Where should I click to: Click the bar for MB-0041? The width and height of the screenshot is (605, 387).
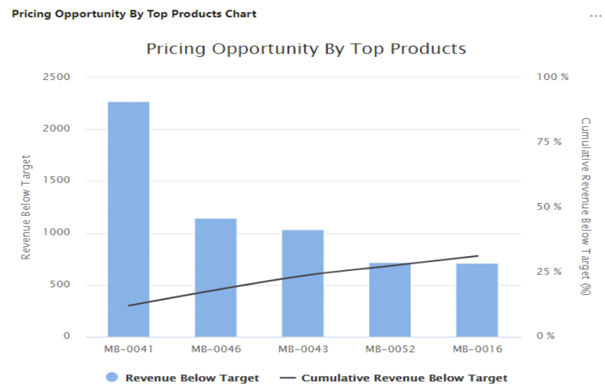click(x=128, y=219)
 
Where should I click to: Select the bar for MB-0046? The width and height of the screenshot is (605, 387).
click(x=215, y=277)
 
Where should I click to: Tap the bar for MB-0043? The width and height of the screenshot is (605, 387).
click(x=302, y=283)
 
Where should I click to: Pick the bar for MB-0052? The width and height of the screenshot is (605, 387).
click(x=390, y=300)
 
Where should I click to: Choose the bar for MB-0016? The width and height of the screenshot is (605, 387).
click(x=477, y=300)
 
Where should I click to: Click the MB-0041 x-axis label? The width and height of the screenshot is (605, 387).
click(x=128, y=349)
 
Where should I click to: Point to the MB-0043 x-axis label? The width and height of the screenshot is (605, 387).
click(x=302, y=349)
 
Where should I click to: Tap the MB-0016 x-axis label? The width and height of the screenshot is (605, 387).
click(x=477, y=349)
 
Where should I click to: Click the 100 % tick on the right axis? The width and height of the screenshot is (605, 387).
click(x=553, y=77)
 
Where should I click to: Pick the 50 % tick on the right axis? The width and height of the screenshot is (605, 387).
click(x=549, y=206)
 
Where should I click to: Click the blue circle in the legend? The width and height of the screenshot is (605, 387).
click(x=112, y=378)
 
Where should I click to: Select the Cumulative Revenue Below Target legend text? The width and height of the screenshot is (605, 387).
click(x=404, y=378)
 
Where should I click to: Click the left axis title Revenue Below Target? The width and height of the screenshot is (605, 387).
click(x=26, y=207)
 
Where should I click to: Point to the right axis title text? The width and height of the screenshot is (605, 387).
click(x=586, y=206)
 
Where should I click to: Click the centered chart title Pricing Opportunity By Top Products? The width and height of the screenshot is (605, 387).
click(x=306, y=48)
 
